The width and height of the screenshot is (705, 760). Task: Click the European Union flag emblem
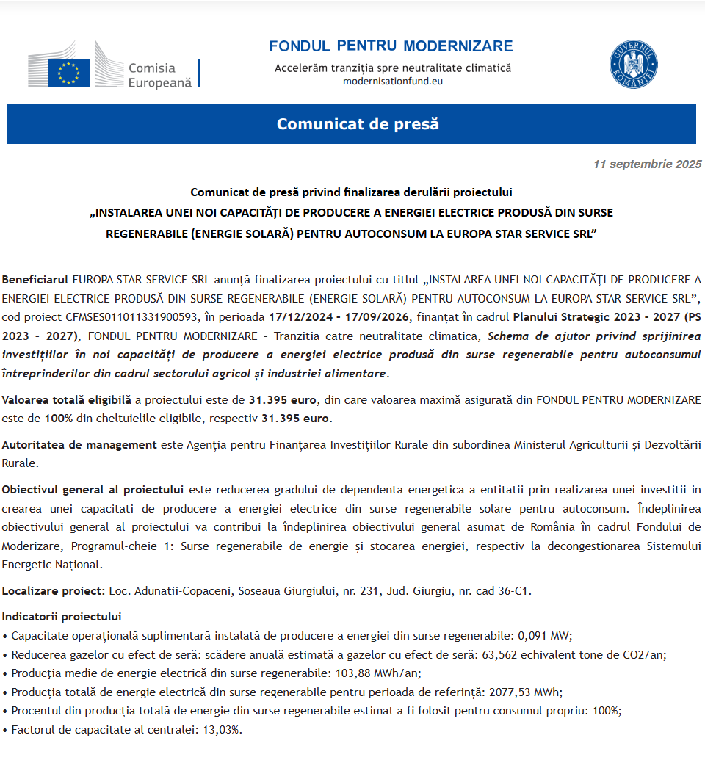(68, 73)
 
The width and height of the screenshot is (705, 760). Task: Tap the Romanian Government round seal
(633, 65)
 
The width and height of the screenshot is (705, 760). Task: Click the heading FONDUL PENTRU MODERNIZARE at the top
(391, 46)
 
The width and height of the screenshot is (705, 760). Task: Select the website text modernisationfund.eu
(393, 81)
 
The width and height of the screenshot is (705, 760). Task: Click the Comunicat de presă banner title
(358, 124)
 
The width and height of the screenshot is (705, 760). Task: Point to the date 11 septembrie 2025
(647, 164)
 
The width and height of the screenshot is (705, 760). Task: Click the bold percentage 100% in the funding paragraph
(58, 419)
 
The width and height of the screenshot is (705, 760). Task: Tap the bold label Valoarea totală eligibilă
(67, 400)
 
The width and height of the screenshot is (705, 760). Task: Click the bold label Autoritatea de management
(79, 444)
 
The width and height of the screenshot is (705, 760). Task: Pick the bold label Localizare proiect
(54, 590)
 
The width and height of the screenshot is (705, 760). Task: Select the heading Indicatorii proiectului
(62, 616)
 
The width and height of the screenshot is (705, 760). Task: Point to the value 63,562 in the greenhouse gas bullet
(501, 654)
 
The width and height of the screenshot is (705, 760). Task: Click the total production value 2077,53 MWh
(526, 692)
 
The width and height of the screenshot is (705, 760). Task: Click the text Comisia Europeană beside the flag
(159, 76)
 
